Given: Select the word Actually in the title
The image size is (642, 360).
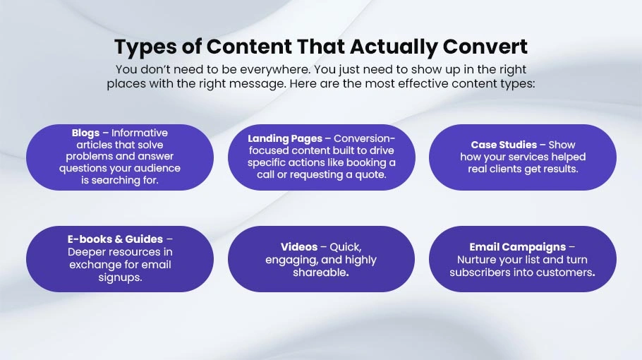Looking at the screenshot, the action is (x=394, y=47).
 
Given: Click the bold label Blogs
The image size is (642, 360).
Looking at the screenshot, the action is (x=85, y=133).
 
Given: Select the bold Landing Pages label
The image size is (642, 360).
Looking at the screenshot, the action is (x=285, y=139).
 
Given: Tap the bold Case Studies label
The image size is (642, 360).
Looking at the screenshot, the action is (x=504, y=145).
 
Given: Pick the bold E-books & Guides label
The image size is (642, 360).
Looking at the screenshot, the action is (x=115, y=239).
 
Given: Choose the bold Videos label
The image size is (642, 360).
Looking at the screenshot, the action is (x=299, y=247).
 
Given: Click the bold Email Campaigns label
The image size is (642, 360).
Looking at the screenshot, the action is (x=518, y=247).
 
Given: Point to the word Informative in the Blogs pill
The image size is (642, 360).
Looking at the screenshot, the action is (x=140, y=133).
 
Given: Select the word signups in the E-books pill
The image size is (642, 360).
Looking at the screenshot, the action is (x=120, y=278).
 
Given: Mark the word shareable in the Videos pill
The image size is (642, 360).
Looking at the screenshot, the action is (x=320, y=272).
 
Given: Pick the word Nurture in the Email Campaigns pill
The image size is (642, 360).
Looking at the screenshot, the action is (x=476, y=260).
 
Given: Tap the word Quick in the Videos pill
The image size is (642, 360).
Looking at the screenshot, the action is (x=346, y=247).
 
